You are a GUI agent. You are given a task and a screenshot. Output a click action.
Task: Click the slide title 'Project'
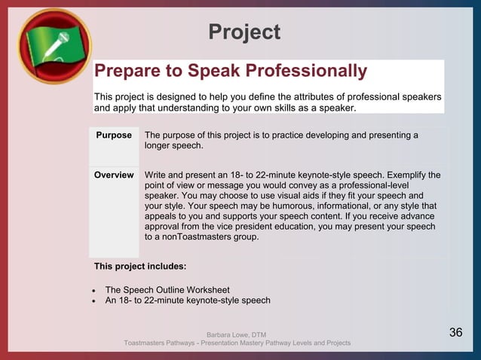pyautogui.click(x=244, y=32)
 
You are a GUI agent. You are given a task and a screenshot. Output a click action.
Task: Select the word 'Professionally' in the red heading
pyautogui.click(x=302, y=72)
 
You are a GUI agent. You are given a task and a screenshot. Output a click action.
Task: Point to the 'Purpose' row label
pyautogui.click(x=114, y=136)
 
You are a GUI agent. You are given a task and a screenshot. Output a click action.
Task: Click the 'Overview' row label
pyautogui.click(x=114, y=175)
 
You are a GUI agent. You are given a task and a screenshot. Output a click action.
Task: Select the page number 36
pyautogui.click(x=455, y=333)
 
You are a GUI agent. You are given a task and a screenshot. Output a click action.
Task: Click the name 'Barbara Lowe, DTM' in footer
pyautogui.click(x=236, y=334)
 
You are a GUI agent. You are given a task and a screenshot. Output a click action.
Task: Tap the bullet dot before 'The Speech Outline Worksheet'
pyautogui.click(x=93, y=291)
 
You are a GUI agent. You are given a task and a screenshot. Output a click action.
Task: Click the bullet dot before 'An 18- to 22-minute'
pyautogui.click(x=93, y=301)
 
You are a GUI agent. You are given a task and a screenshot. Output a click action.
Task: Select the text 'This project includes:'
pyautogui.click(x=139, y=267)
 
